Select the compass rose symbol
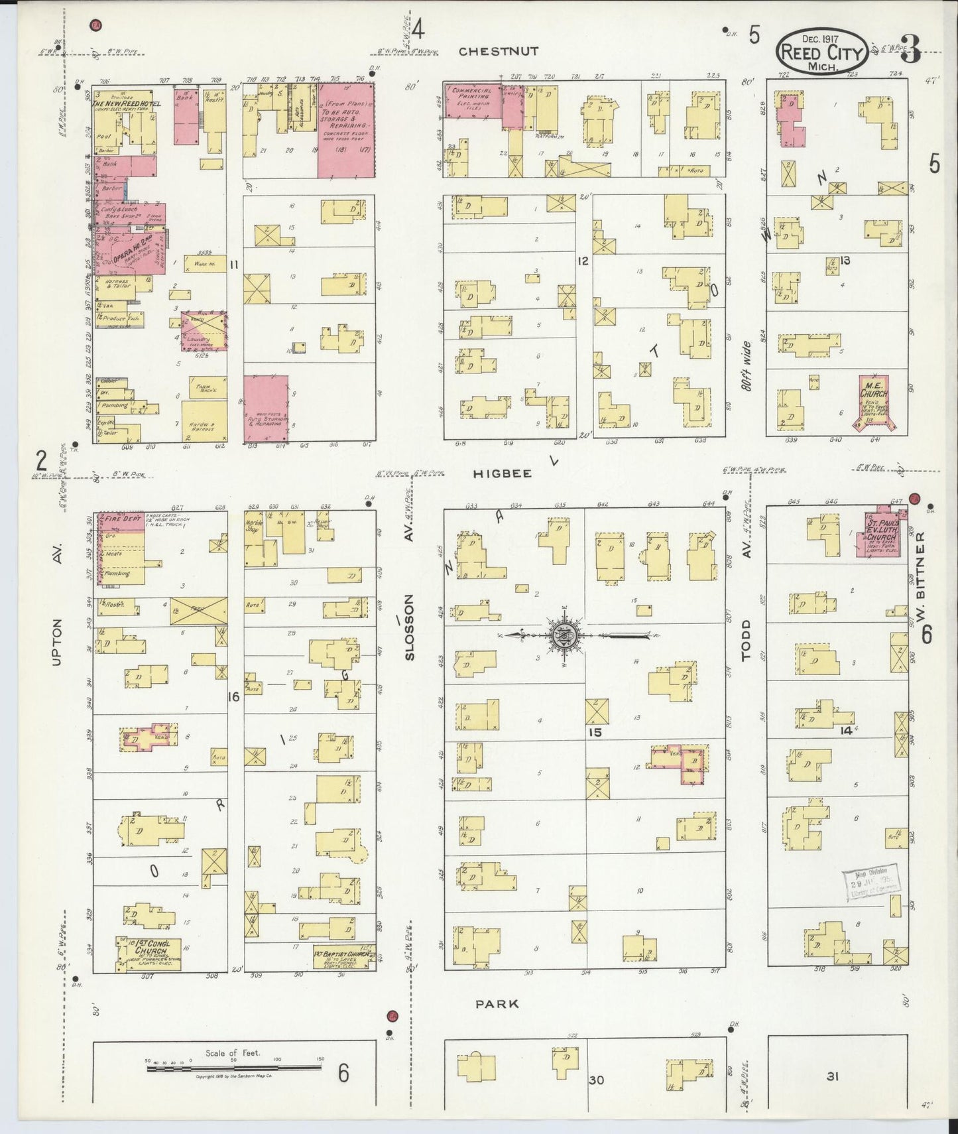pos(564,635)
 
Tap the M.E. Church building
pos(873,401)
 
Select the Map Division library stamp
pos(870,882)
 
